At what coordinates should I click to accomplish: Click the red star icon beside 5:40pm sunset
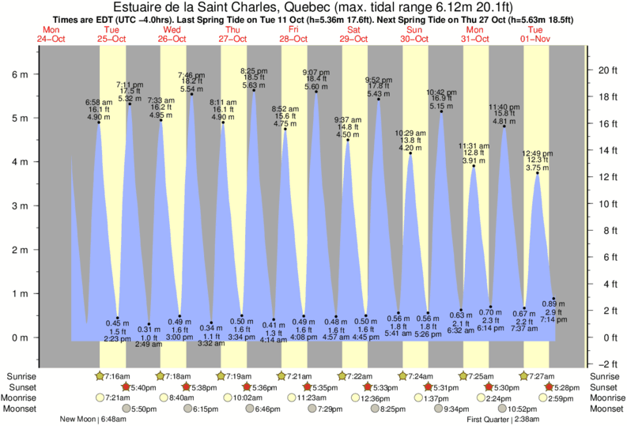point(127,387)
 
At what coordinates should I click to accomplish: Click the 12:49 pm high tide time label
point(538,153)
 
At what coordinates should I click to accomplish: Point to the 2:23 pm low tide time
point(118,338)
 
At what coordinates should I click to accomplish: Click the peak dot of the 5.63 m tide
point(254,90)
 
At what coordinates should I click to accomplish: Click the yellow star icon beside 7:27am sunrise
point(523,375)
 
